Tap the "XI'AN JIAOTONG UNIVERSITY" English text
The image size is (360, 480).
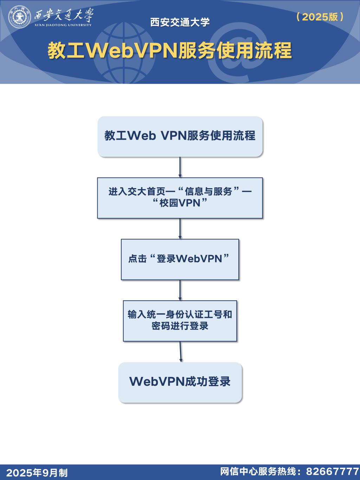63,25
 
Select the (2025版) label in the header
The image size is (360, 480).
320,17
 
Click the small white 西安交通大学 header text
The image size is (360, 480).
180,22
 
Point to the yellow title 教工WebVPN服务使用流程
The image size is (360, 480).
170,51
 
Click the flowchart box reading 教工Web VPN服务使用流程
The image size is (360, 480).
180,136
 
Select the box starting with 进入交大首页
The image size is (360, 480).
180,198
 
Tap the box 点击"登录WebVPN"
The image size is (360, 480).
180,260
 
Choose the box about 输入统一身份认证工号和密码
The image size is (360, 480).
180,321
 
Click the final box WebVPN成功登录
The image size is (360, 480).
180,382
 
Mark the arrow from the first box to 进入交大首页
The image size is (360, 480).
180,167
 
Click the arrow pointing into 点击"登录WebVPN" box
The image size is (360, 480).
180,229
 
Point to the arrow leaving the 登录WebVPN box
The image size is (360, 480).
180,290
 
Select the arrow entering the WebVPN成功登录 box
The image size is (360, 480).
181,352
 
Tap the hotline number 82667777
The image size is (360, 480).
332,472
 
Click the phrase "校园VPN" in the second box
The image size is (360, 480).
180,203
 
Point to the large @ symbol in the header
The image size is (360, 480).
243,49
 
